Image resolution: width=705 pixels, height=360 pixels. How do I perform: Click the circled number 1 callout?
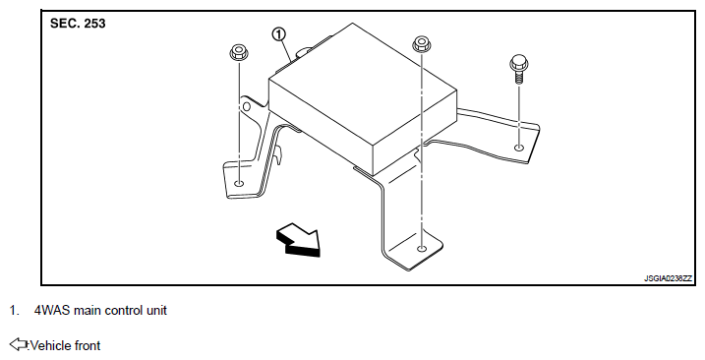coord(279,34)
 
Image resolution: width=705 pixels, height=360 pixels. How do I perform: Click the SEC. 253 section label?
coord(78,24)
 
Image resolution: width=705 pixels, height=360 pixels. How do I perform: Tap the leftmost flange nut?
coord(239,53)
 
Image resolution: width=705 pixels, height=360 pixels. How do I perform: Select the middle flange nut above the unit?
coord(421,44)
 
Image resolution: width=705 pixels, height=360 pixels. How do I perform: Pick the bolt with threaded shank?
coord(519,69)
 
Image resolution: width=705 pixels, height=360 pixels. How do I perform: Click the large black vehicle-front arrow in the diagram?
coord(299,240)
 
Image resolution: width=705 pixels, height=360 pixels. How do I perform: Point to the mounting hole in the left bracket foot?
coord(239,183)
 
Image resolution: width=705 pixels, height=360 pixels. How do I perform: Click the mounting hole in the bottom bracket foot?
coord(421,249)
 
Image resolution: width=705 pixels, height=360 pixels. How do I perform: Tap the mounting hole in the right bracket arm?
coord(519,148)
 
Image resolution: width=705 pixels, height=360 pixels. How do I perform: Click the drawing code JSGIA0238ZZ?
coord(669,278)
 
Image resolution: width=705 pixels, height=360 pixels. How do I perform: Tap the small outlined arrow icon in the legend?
coord(19,344)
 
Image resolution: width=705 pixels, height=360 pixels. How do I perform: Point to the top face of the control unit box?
coord(363,85)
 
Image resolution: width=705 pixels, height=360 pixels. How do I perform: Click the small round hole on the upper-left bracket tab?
coord(246,106)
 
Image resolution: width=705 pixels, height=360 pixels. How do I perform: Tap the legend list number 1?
coord(15,311)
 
